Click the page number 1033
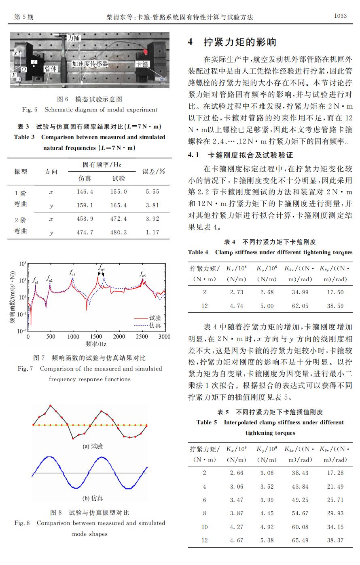(340, 16)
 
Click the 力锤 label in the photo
(74, 38)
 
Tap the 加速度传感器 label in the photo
(90, 64)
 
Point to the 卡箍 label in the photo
(142, 64)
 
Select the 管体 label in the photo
(51, 69)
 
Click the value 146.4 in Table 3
(85, 192)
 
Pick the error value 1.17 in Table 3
(152, 232)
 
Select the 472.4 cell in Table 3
(119, 219)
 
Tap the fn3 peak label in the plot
(72, 274)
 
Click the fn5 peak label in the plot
(143, 274)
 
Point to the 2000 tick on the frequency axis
(119, 337)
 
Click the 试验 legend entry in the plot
(155, 318)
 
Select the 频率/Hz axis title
(96, 344)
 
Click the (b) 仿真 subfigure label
(93, 498)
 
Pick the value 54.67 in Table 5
(300, 513)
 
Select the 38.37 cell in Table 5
(335, 540)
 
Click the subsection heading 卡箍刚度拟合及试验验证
(250, 155)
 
